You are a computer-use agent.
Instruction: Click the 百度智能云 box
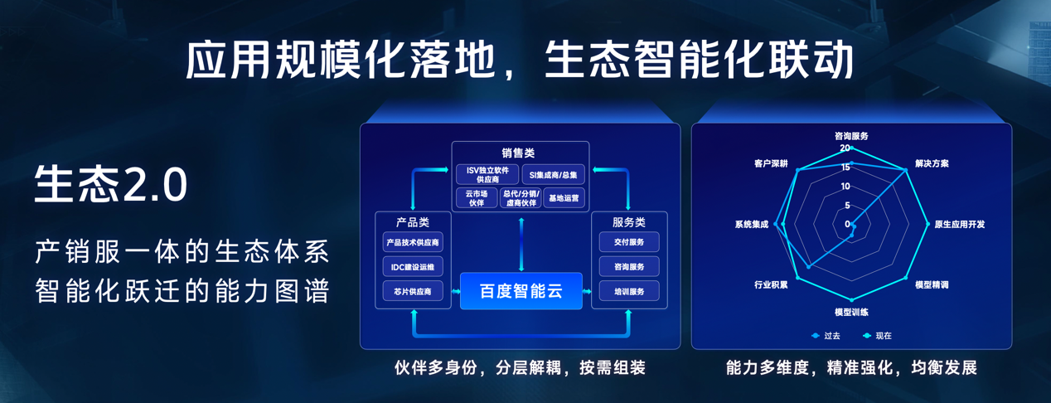click(521, 291)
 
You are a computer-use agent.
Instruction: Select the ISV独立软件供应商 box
click(487, 174)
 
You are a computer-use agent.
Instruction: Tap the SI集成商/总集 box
click(554, 174)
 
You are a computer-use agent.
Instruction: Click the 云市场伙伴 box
click(476, 197)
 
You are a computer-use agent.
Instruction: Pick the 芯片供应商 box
click(412, 291)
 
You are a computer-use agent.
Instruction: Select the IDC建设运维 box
click(412, 267)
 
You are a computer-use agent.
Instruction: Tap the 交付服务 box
click(629, 242)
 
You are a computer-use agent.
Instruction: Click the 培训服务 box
click(629, 291)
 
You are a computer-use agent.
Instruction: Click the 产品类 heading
click(412, 221)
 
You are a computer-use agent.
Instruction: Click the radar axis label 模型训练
click(851, 312)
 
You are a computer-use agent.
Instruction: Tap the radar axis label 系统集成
click(752, 225)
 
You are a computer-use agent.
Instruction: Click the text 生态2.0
click(111, 184)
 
